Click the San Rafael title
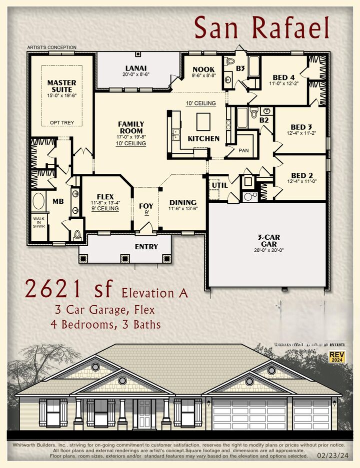point(262,27)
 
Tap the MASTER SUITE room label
point(62,86)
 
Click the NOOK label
point(203,69)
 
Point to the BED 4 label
point(284,77)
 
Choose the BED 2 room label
point(302,175)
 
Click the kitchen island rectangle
point(204,121)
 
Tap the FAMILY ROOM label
point(131,127)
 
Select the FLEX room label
point(105,196)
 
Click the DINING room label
point(182,202)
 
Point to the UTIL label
point(220,185)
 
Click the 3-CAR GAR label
point(268,242)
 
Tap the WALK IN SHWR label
point(39,221)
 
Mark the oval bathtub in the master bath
point(39,202)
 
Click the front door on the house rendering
point(144,415)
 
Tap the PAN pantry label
point(243,150)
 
